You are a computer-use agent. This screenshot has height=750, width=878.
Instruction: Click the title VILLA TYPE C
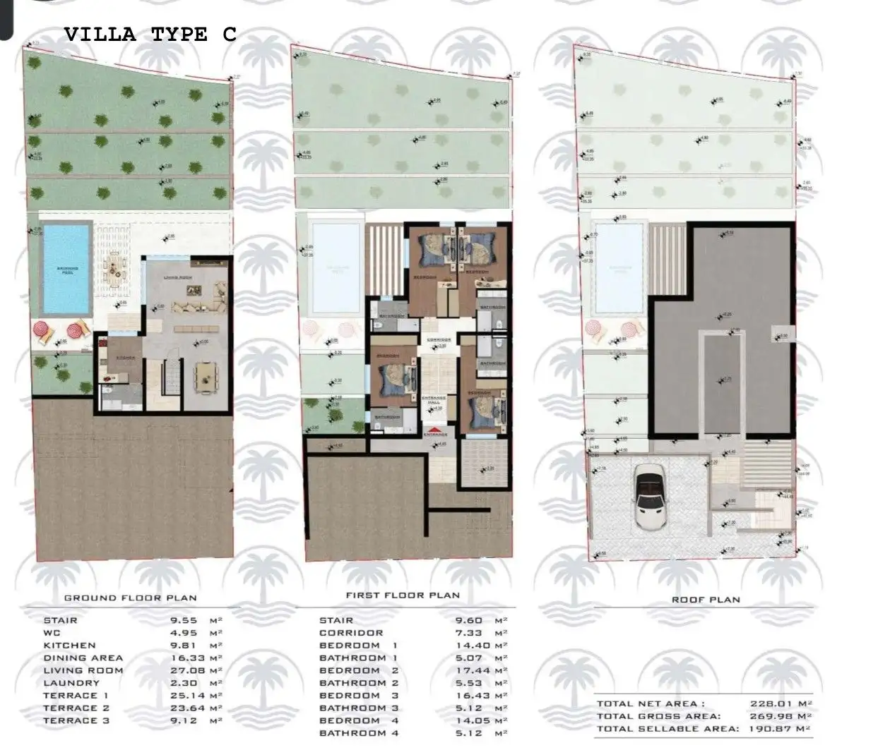(150, 35)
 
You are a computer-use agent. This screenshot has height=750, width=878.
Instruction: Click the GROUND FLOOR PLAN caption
(131, 598)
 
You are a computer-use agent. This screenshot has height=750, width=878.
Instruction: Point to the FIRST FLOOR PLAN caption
(403, 595)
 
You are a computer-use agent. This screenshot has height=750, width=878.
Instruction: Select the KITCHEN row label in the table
(69, 645)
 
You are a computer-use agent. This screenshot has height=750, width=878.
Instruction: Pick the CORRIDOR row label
(351, 633)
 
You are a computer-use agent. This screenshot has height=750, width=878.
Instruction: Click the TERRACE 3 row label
(76, 720)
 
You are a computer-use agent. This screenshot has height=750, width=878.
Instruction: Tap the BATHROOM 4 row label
(359, 733)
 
